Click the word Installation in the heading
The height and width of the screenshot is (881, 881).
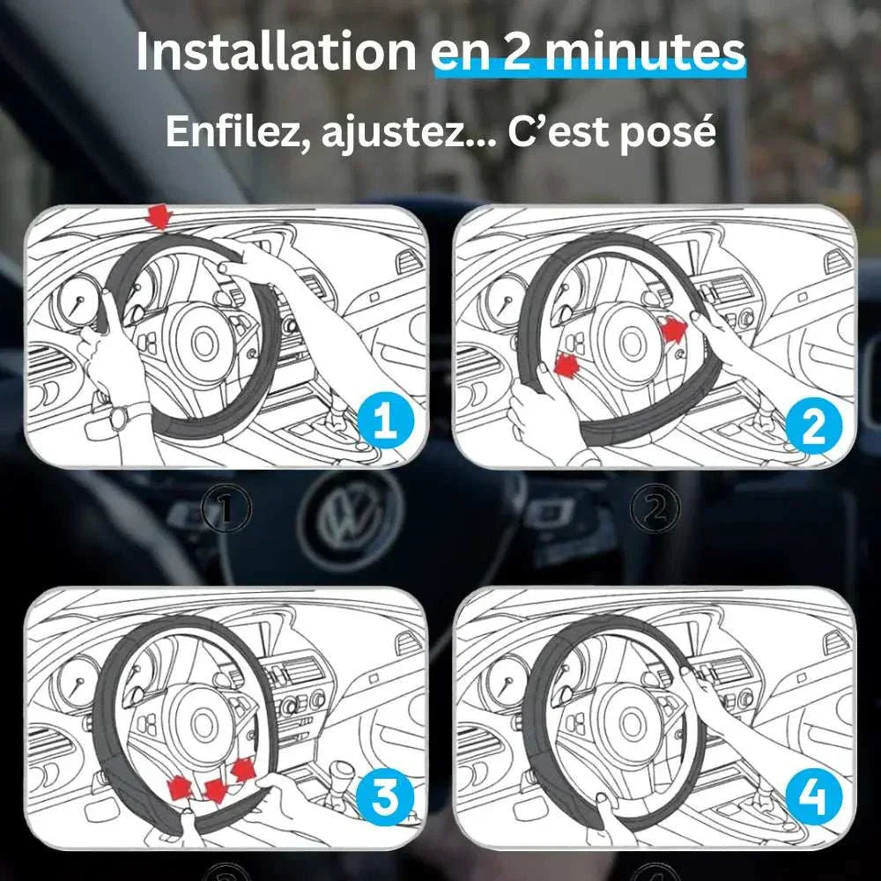click(276, 52)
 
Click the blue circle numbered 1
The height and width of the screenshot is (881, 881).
click(386, 421)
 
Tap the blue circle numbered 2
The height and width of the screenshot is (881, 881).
click(814, 428)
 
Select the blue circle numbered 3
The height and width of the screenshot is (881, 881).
click(385, 796)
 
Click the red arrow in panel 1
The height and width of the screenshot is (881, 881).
click(160, 217)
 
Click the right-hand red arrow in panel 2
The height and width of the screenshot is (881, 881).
click(674, 329)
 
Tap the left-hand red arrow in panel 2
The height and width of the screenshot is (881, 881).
click(566, 366)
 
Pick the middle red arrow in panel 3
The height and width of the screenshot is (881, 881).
click(216, 790)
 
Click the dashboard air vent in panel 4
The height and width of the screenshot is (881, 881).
click(835, 641)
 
